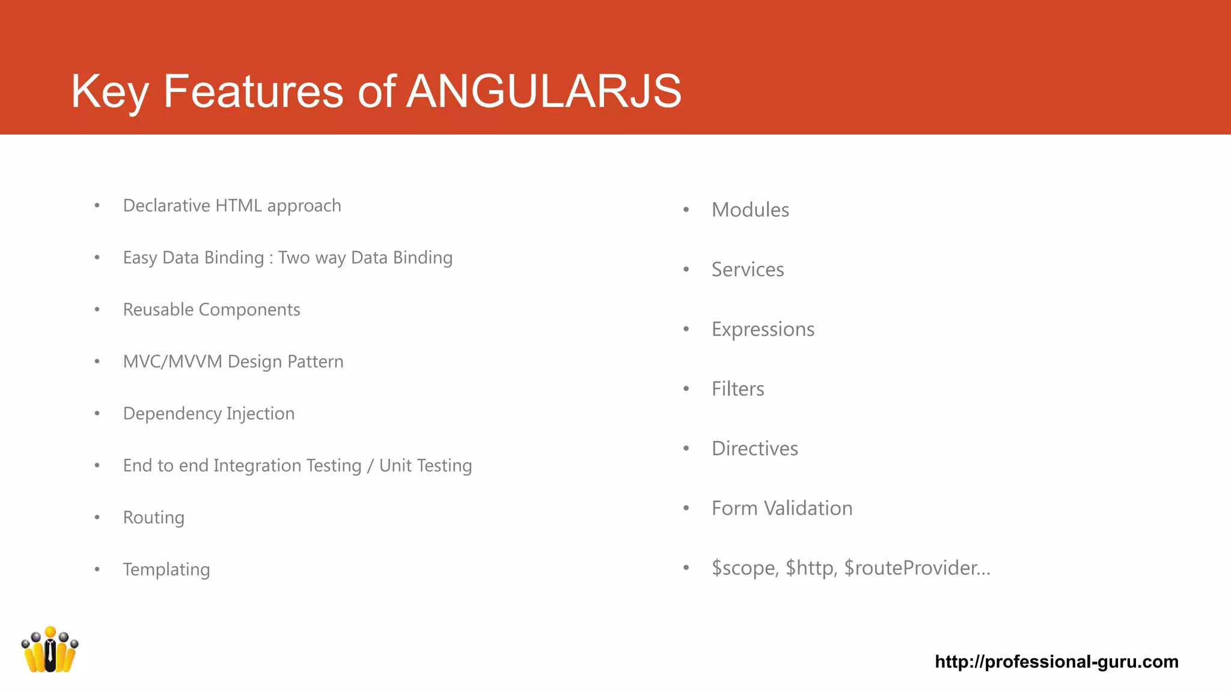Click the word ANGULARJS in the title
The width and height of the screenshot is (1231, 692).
coord(544,91)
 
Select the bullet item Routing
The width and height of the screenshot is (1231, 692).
coord(153,517)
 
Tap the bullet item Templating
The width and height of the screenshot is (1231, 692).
coord(166,569)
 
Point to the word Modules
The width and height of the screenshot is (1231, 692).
coord(750,210)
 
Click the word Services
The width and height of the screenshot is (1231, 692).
coord(748,270)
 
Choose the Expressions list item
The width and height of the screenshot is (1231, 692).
coord(763,329)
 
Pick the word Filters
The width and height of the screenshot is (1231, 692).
coord(738,389)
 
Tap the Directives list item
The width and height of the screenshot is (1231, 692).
coord(754,449)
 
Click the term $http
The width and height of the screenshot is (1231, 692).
coord(811,568)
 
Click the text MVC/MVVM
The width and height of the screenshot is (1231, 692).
coord(173,362)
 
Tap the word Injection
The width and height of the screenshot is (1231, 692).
coord(260,413)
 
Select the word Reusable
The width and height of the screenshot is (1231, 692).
coord(158,309)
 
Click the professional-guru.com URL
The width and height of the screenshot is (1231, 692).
coord(1056,661)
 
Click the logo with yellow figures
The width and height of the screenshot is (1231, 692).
coord(50,650)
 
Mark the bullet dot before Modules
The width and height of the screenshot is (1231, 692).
coord(686,210)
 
